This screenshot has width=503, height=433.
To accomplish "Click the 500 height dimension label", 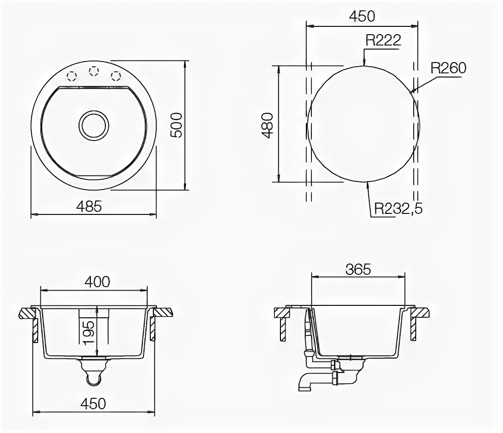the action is click(x=177, y=125).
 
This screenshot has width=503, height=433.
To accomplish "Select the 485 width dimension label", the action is click(x=89, y=206).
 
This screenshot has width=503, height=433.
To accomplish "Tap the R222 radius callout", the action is click(x=383, y=40).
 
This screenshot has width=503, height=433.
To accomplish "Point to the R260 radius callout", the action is click(x=448, y=68).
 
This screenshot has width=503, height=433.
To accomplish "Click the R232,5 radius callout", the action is click(x=398, y=209).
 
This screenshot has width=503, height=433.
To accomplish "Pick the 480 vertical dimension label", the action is click(x=268, y=125).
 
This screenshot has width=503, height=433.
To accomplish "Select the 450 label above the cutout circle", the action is click(x=362, y=16).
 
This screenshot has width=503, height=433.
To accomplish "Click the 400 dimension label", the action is click(x=97, y=282).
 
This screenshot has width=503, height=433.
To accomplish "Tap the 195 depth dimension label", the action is click(x=88, y=333).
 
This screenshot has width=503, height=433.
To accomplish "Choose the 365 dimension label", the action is click(x=358, y=270).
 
